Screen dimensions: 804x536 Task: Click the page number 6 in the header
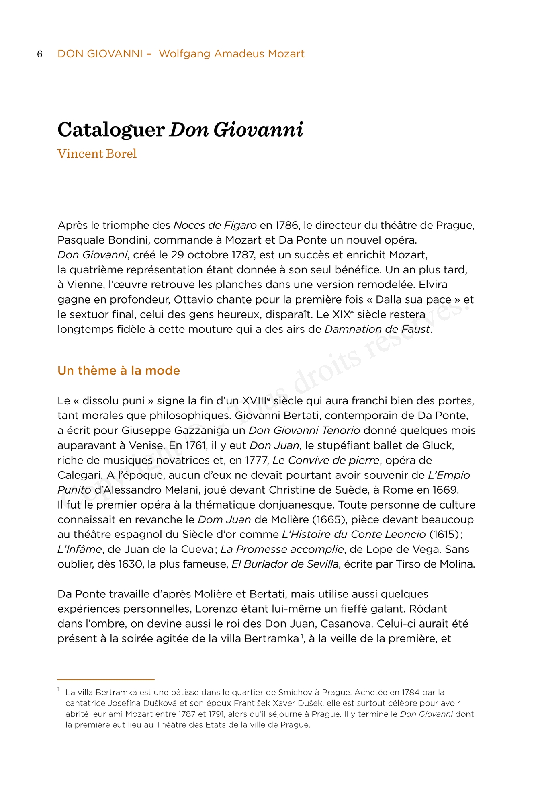(x=40, y=54)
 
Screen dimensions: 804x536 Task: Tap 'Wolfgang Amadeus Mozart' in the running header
(x=231, y=54)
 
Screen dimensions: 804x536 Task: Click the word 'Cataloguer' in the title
(x=111, y=130)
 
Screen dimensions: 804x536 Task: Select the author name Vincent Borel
(x=97, y=154)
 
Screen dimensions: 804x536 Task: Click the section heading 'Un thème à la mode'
(x=119, y=370)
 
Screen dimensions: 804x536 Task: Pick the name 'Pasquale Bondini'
(x=104, y=240)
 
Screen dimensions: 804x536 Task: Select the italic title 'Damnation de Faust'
(x=377, y=329)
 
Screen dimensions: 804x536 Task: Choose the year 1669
(x=445, y=490)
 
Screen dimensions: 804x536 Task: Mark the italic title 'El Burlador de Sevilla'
(x=285, y=564)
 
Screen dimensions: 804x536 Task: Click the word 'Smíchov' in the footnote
(x=294, y=692)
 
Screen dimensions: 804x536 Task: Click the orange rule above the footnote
(x=106, y=679)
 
